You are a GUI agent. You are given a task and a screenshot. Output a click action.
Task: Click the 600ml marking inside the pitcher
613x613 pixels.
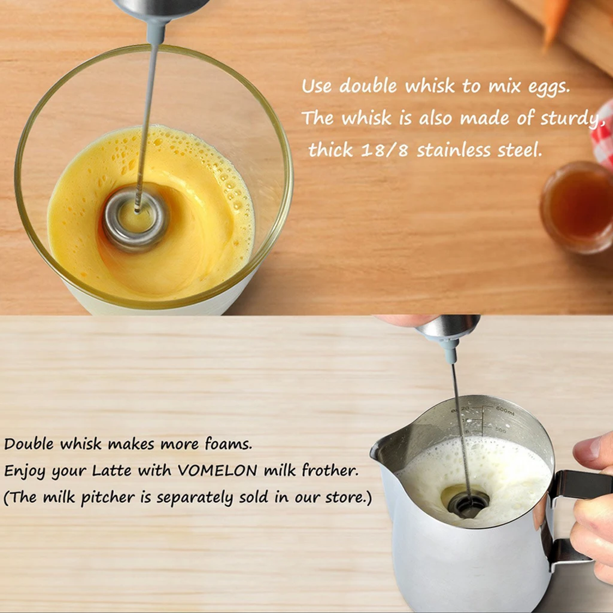pyautogui.click(x=505, y=411)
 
